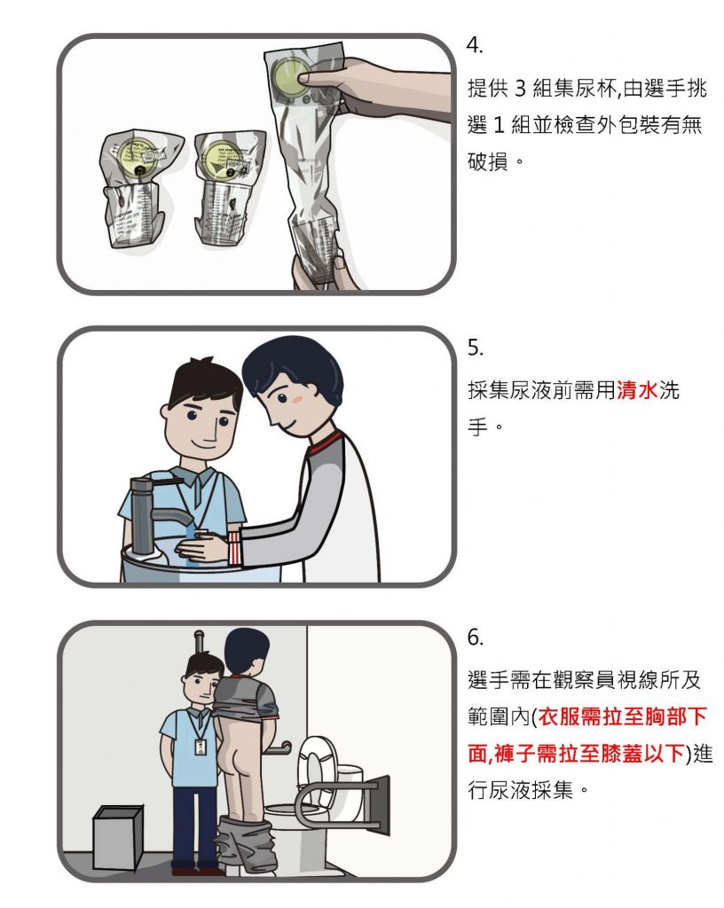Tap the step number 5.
(475, 348)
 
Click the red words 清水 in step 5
(636, 391)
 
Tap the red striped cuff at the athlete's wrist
(234, 547)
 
